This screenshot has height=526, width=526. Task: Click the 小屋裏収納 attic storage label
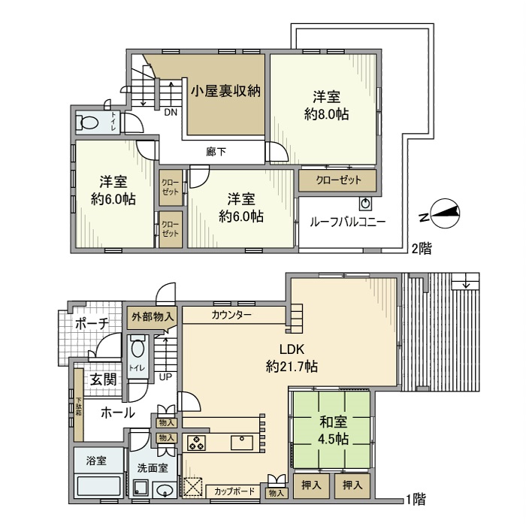[225, 92]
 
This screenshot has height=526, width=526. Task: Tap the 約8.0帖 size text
[327, 114]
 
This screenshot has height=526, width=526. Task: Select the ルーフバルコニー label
[348, 222]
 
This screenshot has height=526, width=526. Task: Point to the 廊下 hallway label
[216, 152]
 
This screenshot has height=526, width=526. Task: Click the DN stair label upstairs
[171, 113]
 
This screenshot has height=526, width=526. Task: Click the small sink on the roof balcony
[366, 204]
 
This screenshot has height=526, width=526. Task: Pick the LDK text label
[291, 349]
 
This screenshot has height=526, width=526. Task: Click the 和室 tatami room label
[331, 422]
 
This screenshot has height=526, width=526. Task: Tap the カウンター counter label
[232, 314]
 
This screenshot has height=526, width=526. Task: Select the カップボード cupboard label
[234, 491]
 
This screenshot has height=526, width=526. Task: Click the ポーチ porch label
[92, 324]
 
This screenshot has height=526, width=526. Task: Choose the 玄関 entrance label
[103, 379]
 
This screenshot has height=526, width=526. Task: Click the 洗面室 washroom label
[152, 467]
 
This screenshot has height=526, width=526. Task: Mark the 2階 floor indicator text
[421, 246]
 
